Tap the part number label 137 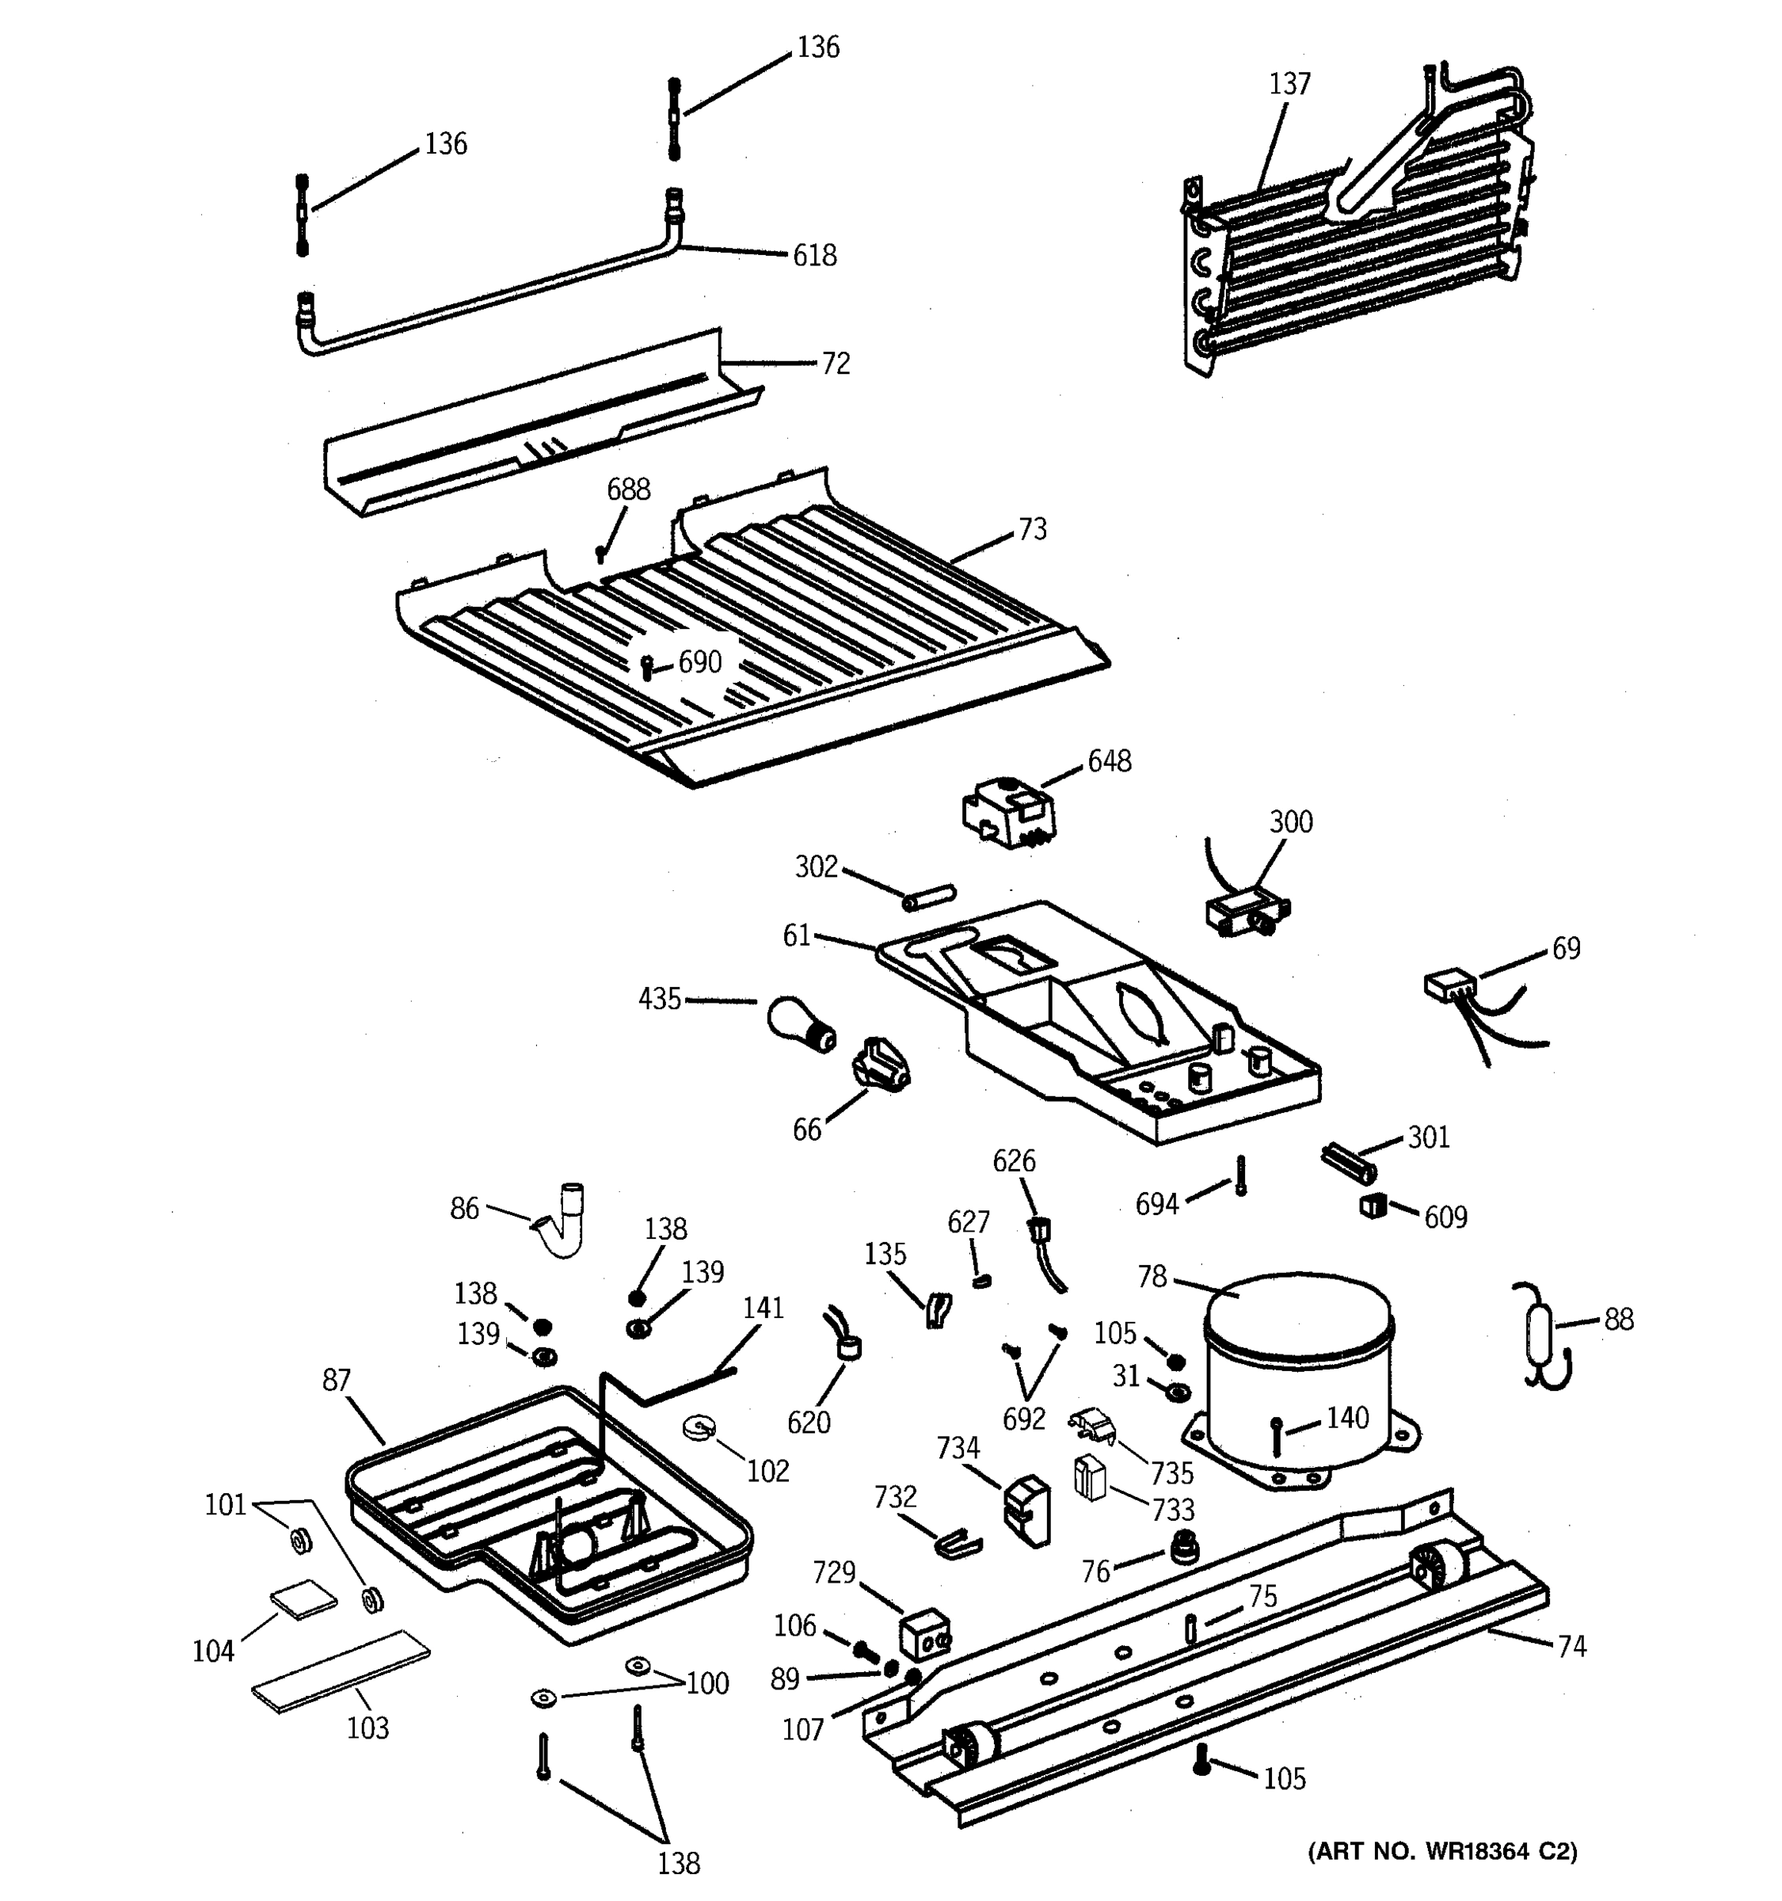tap(1289, 84)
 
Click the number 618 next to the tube tap(814, 255)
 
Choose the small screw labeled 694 tap(1241, 1175)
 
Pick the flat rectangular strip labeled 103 tap(341, 1671)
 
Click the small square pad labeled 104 tap(303, 1600)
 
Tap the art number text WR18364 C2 tap(1441, 1851)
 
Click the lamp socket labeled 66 tap(881, 1062)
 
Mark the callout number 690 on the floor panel tap(700, 661)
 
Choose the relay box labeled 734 tap(1025, 1510)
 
